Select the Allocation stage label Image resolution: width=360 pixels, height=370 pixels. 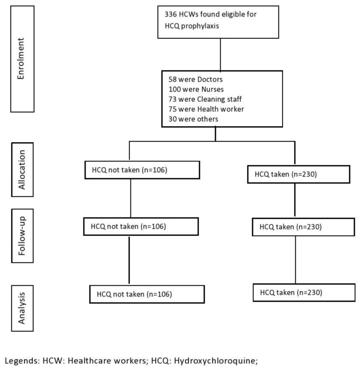click(x=22, y=170)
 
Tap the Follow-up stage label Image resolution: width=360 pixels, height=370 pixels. click(x=22, y=236)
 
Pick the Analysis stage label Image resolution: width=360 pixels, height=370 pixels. click(x=22, y=308)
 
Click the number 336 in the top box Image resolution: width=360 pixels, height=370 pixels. click(x=170, y=14)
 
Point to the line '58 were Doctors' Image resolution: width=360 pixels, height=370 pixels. click(x=195, y=79)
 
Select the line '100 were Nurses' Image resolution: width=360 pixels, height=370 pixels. click(x=196, y=89)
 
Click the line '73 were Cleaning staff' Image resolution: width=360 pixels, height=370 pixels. click(x=205, y=99)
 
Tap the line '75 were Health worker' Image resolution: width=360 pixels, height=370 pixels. click(x=206, y=109)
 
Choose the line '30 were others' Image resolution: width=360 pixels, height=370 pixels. click(x=193, y=119)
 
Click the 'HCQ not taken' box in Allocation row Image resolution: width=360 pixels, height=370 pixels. click(x=142, y=170)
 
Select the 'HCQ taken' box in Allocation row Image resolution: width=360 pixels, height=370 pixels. click(x=298, y=175)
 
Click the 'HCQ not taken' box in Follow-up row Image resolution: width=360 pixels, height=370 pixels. click(x=141, y=226)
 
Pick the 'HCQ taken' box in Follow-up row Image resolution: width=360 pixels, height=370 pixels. click(x=303, y=227)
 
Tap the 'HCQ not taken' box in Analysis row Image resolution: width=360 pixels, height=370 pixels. click(x=147, y=294)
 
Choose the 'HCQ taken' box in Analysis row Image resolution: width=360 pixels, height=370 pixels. click(x=304, y=293)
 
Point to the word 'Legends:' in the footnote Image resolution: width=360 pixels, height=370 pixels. click(x=22, y=361)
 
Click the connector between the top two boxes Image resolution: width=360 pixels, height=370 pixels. click(x=221, y=55)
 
